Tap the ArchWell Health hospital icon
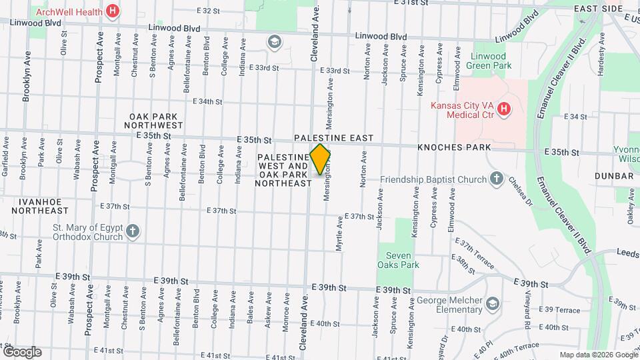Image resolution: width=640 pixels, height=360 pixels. click(113, 11)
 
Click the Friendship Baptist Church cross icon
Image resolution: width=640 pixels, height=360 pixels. click(496, 178)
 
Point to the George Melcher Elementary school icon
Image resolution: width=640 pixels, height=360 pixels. click(492, 304)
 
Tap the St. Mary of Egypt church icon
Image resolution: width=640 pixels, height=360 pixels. click(133, 231)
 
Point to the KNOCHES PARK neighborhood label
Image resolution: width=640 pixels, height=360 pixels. click(454, 147)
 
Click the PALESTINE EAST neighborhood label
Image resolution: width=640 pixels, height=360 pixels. click(334, 138)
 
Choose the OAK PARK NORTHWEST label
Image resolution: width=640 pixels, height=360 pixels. click(156, 120)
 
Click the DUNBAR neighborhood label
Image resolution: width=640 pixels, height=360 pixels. click(615, 176)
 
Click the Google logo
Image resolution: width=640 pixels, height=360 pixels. click(22, 351)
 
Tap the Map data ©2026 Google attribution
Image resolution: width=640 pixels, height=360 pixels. click(597, 355)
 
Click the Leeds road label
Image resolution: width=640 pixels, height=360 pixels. click(627, 253)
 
